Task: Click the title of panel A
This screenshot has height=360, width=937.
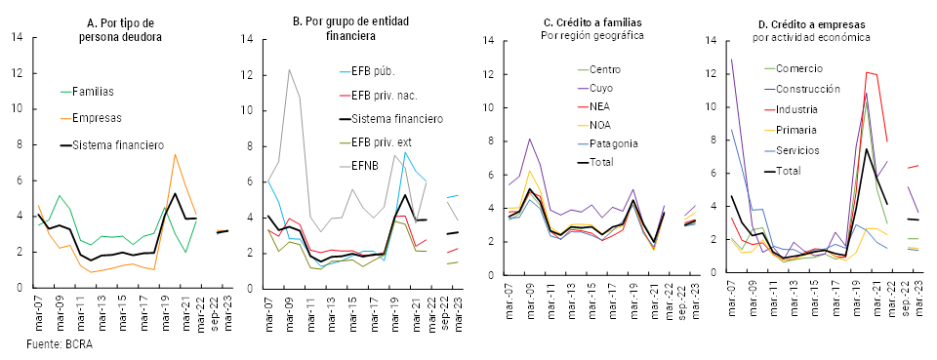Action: pyautogui.click(x=120, y=29)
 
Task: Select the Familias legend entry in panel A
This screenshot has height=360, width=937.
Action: pyautogui.click(x=93, y=92)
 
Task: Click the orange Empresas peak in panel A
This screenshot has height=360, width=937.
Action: pyautogui.click(x=175, y=155)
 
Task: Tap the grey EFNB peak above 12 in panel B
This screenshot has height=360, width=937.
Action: pyautogui.click(x=288, y=69)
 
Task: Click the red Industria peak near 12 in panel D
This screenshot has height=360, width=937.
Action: pyautogui.click(x=866, y=72)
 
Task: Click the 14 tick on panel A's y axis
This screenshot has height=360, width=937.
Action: pyautogui.click(x=17, y=38)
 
